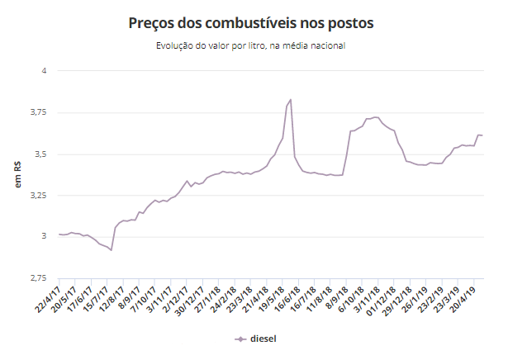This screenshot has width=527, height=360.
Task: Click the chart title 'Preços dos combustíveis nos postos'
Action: pos(263,22)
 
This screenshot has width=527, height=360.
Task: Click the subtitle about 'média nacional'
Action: pos(263,45)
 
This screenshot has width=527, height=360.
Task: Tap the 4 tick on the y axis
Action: pos(44,71)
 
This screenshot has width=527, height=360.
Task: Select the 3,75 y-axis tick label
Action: pos(38,112)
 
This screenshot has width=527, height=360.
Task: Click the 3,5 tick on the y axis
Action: pos(40,154)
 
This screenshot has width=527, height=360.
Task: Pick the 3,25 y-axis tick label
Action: pos(38,196)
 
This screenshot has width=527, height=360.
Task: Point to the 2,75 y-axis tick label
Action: pos(38,279)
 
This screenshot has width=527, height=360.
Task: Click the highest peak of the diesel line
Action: pos(291,100)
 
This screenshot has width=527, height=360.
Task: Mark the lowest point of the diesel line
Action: pos(111,249)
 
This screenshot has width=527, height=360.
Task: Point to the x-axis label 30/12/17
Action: pos(188,298)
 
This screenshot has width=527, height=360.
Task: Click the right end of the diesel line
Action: pos(482,135)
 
